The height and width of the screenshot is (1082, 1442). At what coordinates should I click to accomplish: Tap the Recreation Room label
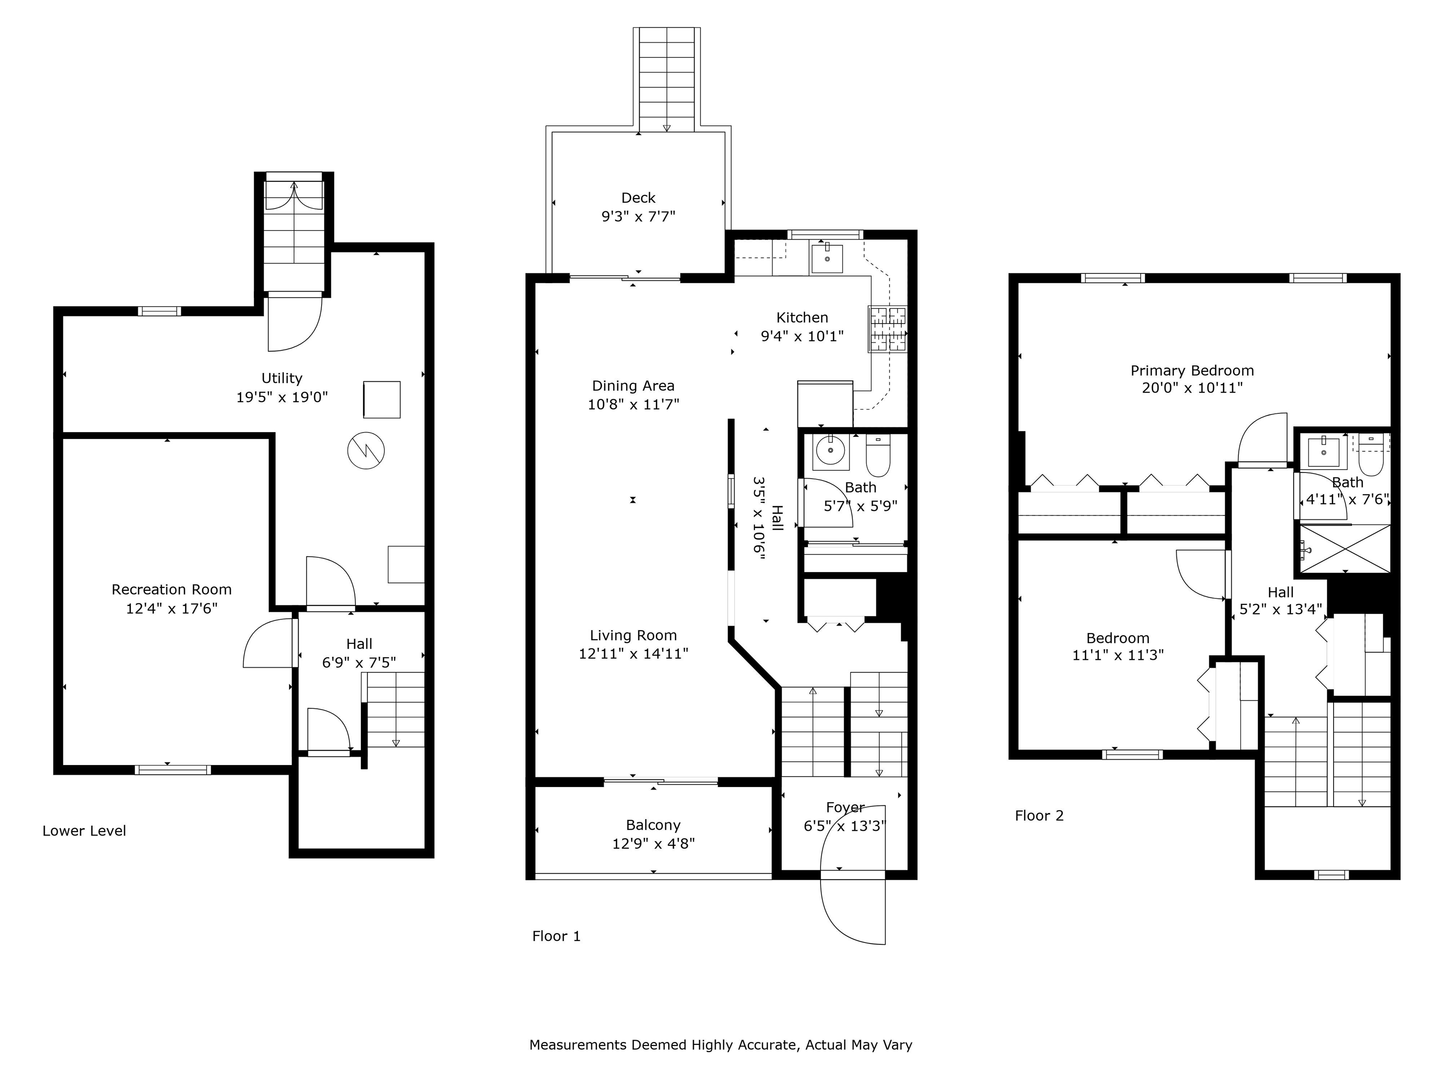tap(171, 589)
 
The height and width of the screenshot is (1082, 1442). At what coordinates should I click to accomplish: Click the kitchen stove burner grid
tap(887, 329)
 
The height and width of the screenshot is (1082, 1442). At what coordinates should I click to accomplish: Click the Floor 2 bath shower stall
tap(1345, 549)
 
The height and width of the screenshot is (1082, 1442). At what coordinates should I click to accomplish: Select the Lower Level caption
tap(84, 831)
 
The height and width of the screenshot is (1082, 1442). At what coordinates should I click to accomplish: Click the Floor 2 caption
tap(1039, 816)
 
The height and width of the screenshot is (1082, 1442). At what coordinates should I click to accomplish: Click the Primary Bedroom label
tap(1192, 371)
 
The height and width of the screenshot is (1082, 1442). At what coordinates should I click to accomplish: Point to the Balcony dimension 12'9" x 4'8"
tap(653, 844)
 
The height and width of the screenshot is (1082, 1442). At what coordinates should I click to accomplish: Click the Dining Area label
tap(633, 386)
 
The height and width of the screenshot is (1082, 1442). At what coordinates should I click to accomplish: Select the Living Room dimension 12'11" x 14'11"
tap(633, 654)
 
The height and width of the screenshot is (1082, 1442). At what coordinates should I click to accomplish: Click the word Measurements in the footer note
tap(577, 1045)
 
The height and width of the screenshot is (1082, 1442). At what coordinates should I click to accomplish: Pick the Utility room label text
tap(282, 378)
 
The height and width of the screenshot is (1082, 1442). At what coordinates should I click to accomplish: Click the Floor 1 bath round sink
tap(830, 450)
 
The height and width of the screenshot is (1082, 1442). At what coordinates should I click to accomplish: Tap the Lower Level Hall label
tap(359, 644)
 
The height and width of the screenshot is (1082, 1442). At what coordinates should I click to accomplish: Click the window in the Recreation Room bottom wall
tap(173, 770)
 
